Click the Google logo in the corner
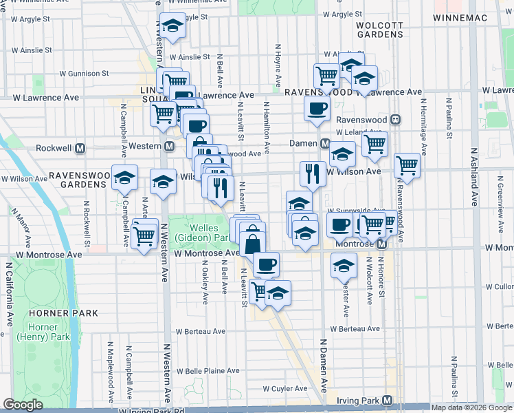(x=23, y=405)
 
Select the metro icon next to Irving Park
(x=388, y=400)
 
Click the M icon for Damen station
(x=325, y=143)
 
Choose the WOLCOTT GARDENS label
(x=379, y=29)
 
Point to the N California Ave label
(x=10, y=293)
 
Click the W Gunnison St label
(x=84, y=73)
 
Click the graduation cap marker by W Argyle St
(x=172, y=26)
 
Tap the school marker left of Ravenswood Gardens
(x=124, y=178)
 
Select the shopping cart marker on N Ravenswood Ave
(x=407, y=166)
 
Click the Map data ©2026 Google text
(x=471, y=407)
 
